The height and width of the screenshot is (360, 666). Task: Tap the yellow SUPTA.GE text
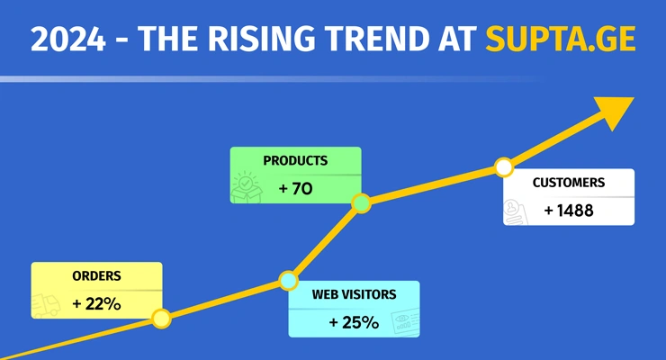pos(560,40)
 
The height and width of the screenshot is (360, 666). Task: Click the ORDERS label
pos(96,276)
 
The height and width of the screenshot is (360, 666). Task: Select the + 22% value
pos(96,304)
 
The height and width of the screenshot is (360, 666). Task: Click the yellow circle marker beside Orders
pos(161,318)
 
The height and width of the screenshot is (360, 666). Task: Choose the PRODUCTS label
pos(295,161)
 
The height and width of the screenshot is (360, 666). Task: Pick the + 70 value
pos(295,189)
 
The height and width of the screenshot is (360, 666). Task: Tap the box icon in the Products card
pos(246,188)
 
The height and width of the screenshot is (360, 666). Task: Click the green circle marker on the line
pos(361,203)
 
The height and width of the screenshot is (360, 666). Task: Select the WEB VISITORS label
pos(354,294)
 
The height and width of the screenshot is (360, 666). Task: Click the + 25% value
pos(354,322)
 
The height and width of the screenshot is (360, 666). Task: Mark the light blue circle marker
pos(287,282)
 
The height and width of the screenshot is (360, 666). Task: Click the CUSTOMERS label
pos(569,183)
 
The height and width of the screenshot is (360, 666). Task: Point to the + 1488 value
pos(569,211)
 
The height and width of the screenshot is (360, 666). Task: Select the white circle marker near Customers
pos(504,167)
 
